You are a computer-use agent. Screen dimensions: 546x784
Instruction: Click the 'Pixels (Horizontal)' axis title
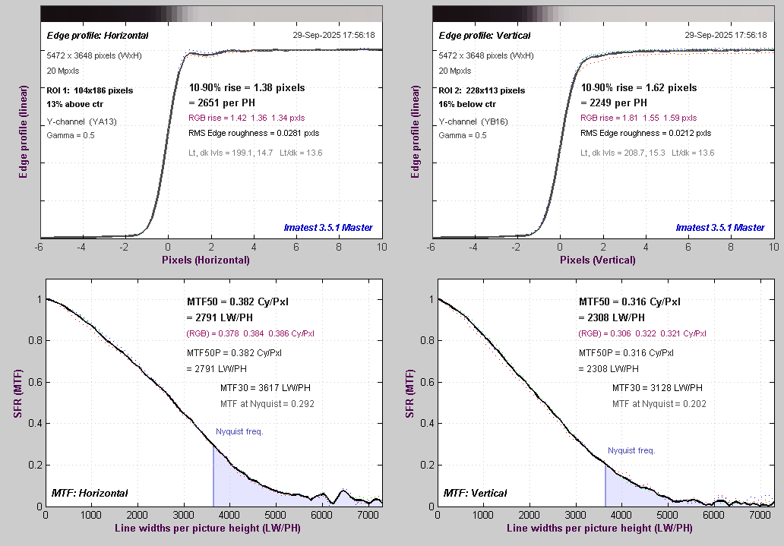(205, 260)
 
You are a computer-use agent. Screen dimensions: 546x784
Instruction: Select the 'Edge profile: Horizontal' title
(97, 36)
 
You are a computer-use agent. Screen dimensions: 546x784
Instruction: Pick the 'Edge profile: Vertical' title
(485, 36)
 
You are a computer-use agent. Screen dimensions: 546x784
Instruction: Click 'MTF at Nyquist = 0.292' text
(267, 404)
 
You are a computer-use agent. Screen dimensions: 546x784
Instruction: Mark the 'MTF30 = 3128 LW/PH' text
(649, 388)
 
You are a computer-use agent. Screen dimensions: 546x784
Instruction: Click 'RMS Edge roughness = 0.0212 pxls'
(646, 134)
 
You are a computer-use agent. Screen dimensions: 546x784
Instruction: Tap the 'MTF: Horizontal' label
(89, 493)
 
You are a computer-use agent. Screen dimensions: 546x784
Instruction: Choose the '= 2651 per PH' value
(226, 103)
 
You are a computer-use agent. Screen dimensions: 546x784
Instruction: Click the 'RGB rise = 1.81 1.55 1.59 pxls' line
(638, 118)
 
